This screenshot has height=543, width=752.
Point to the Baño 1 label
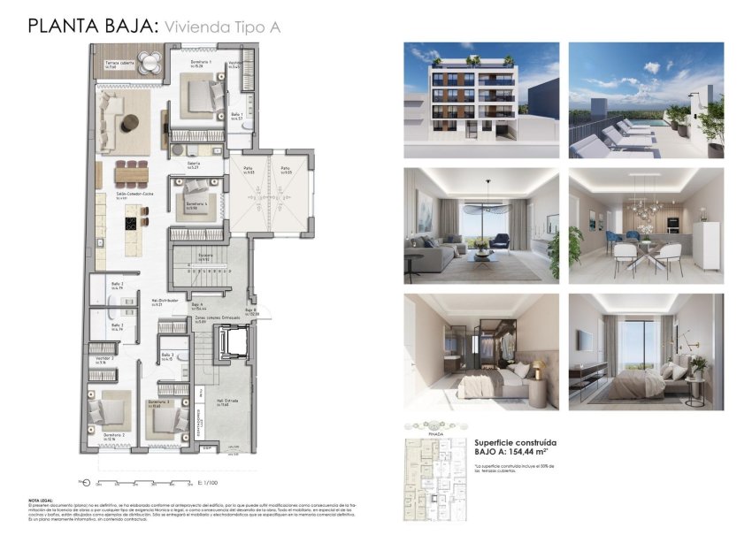pyautogui.click(x=237, y=116)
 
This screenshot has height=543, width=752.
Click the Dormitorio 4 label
pyautogui.click(x=196, y=204)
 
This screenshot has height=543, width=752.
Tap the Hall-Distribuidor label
pyautogui.click(x=165, y=302)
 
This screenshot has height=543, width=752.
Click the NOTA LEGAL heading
pyautogui.click(x=41, y=500)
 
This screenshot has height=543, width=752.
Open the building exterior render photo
pyautogui.click(x=480, y=100)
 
